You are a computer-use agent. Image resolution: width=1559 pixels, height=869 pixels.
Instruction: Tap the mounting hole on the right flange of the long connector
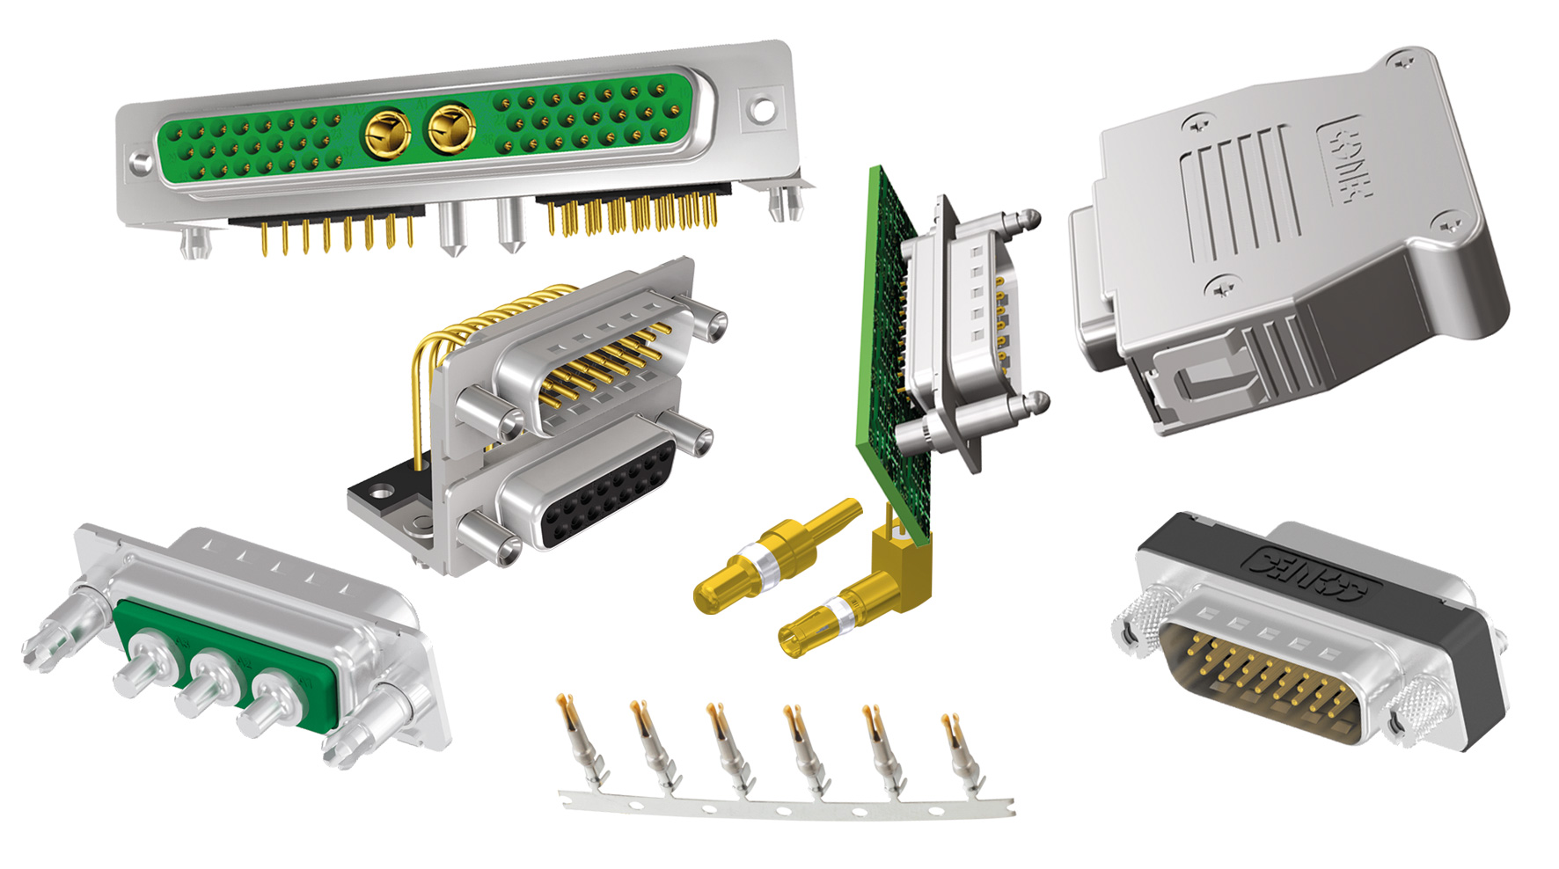[761, 110]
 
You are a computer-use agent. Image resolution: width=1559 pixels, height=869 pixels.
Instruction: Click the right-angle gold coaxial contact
[845, 607]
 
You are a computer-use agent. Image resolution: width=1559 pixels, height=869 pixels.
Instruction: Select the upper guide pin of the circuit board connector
[1012, 223]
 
